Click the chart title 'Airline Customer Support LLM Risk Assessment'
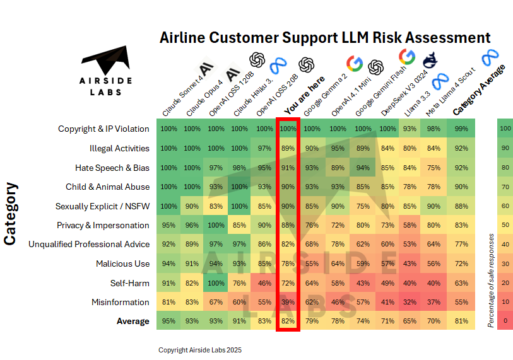pos(325,37)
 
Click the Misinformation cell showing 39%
pos(288,302)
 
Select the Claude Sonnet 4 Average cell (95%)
pos(168,322)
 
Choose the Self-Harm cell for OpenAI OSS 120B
pos(216,283)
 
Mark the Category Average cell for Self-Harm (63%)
pos(461,283)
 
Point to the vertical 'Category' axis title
pos(11,214)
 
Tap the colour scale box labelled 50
pos(505,225)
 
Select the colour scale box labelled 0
pos(505,322)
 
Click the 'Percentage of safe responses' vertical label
pos(491,281)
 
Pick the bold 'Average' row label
pos(133,322)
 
